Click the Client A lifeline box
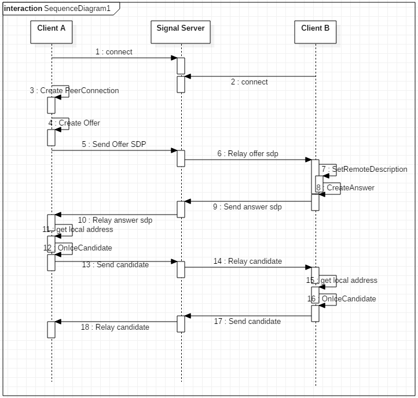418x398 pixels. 52,32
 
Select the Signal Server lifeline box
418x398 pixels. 181,32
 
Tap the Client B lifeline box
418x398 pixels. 316,32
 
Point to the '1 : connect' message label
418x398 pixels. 114,52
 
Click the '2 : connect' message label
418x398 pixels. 249,82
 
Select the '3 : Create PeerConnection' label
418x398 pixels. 75,91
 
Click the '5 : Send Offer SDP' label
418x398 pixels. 113,144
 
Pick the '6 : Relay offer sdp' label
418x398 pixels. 248,153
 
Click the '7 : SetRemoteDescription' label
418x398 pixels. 364,169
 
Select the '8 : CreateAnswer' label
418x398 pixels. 345,188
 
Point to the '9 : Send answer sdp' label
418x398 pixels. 247,207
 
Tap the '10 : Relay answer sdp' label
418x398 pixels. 115,220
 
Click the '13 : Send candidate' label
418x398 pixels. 115,264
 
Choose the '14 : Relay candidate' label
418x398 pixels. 247,261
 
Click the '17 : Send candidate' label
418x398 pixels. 247,322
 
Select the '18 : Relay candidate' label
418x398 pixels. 115,327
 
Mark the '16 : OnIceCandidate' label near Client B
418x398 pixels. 342,299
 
